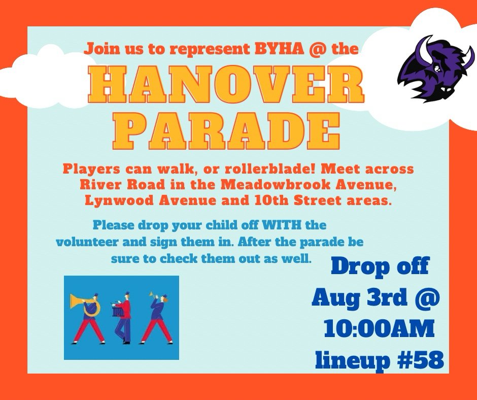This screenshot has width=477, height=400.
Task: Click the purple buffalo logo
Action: click(x=435, y=69)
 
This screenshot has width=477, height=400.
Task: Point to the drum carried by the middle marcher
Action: click(x=118, y=311)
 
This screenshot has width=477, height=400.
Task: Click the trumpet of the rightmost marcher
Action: click(x=153, y=294)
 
